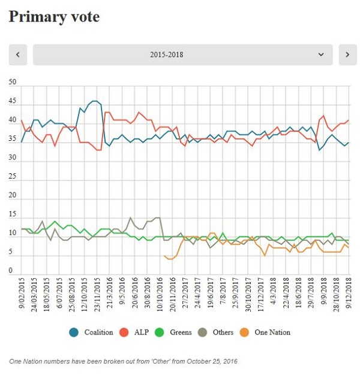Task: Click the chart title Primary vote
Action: click(54, 17)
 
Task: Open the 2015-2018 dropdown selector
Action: click(183, 55)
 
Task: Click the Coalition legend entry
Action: click(91, 331)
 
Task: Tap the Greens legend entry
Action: click(181, 331)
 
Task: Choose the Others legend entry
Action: click(226, 331)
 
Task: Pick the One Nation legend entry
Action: click(275, 331)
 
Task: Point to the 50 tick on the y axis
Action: click(13, 82)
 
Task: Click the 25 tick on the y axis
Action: click(13, 176)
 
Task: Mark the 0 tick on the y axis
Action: click(11, 271)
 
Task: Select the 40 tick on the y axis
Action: click(13, 119)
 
